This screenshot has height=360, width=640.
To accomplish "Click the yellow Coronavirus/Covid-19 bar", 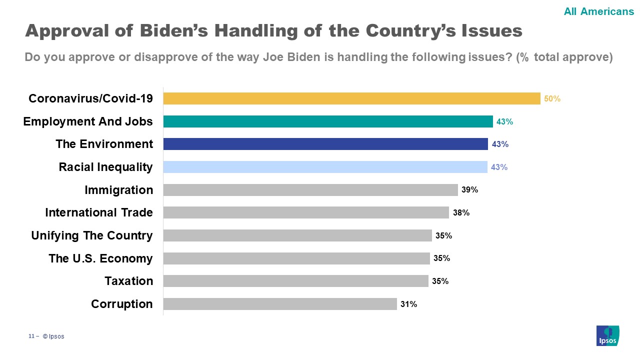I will click(351, 98).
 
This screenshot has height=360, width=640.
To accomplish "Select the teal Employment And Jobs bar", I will click(328, 121).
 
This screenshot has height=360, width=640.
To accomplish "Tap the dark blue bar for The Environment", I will click(325, 144).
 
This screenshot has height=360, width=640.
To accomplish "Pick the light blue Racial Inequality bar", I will click(325, 167).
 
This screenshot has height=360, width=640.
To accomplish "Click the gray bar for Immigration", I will click(310, 190).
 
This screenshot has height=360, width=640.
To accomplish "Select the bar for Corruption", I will click(280, 304).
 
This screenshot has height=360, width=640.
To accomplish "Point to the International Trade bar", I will click(306, 212).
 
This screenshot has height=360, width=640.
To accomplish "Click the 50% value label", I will click(552, 99).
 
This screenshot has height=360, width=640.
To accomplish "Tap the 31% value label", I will click(409, 304).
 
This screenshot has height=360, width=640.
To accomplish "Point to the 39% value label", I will click(470, 190).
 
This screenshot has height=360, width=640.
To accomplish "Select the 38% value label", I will click(461, 213).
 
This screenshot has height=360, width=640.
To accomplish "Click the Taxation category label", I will click(129, 281).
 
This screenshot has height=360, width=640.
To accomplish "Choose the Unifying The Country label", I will click(92, 235).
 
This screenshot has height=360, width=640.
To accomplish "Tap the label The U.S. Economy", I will click(100, 258).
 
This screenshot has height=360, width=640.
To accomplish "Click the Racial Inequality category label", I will click(106, 167).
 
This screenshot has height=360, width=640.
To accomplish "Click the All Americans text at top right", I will click(598, 11).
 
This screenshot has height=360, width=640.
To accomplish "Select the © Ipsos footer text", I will click(53, 336).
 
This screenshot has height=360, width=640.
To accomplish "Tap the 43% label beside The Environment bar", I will click(500, 144).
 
